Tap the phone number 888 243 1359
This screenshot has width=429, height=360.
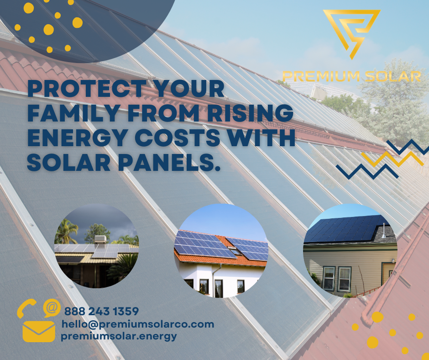[101, 311]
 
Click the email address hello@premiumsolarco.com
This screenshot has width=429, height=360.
[138, 324]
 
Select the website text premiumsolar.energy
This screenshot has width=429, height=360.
[119, 336]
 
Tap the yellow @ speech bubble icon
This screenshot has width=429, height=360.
[52, 307]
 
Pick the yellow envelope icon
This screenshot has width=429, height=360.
[39, 332]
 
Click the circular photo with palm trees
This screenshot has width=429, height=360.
[96, 246]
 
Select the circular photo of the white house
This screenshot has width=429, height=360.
[221, 250]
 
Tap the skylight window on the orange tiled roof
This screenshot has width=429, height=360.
[234, 250]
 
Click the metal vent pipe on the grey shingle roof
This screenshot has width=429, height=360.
[384, 230]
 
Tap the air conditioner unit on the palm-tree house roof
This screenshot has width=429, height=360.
[100, 239]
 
